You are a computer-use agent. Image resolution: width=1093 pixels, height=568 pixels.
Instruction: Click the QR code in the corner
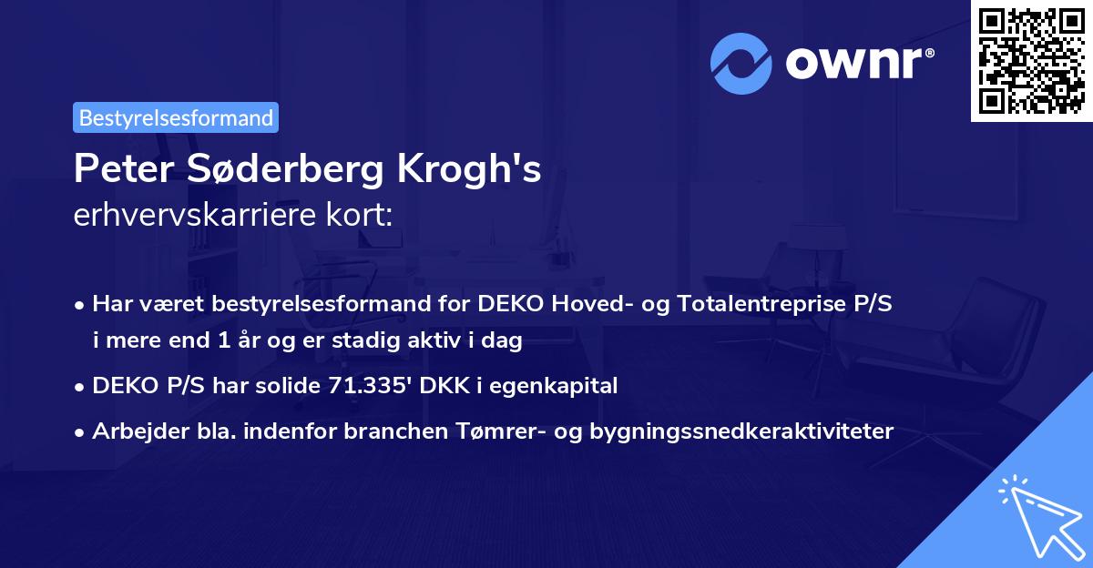[x=1030, y=61]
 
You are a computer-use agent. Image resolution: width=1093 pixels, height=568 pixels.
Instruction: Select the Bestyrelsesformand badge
[x=176, y=117]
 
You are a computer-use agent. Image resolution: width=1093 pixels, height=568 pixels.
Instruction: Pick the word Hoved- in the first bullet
[x=589, y=304]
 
